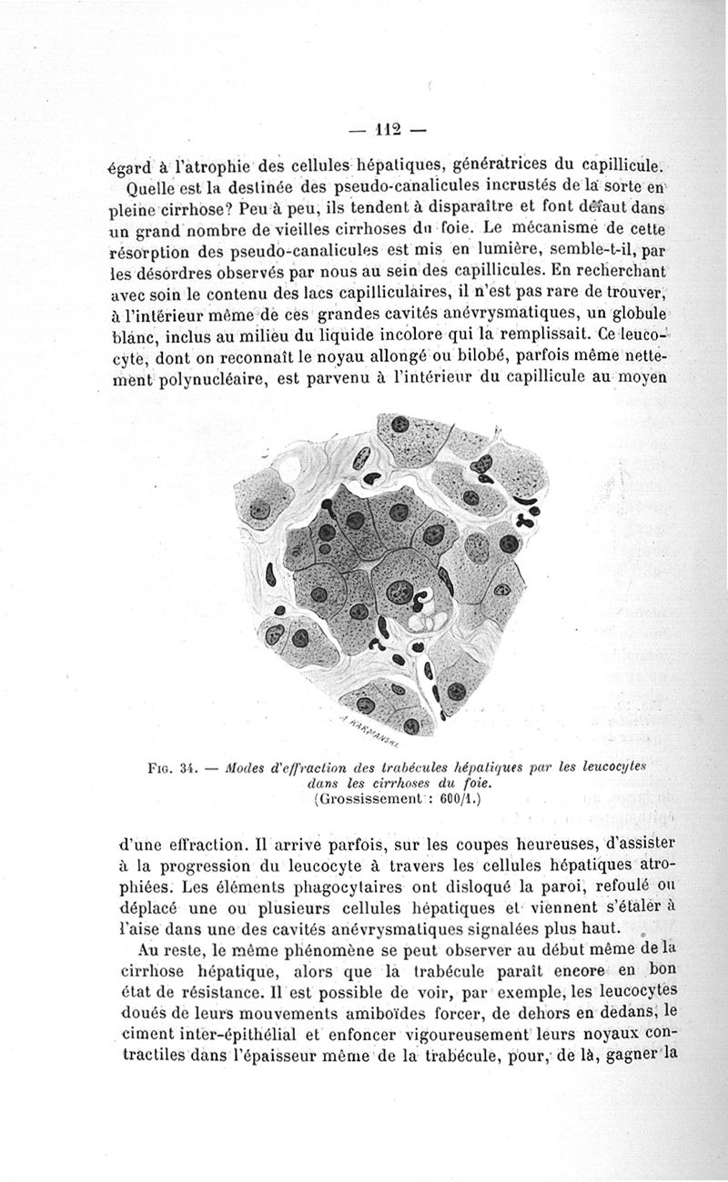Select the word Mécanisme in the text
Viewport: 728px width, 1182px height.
(566, 225)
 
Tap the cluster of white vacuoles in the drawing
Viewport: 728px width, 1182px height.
(423, 622)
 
